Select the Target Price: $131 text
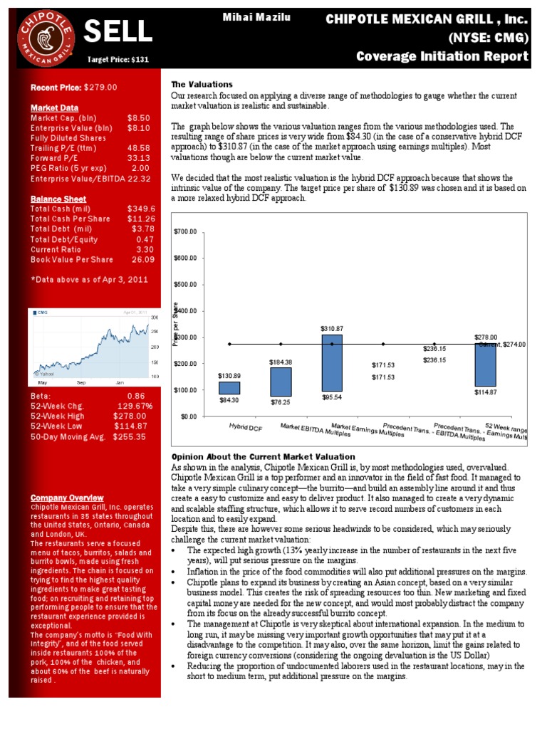[118, 60]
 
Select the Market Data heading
[54, 107]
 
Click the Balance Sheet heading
[58, 199]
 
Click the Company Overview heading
[67, 498]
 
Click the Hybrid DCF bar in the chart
[229, 388]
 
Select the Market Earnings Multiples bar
[332, 363]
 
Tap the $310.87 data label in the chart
[332, 328]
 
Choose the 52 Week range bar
[485, 364]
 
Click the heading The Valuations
[202, 84]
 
